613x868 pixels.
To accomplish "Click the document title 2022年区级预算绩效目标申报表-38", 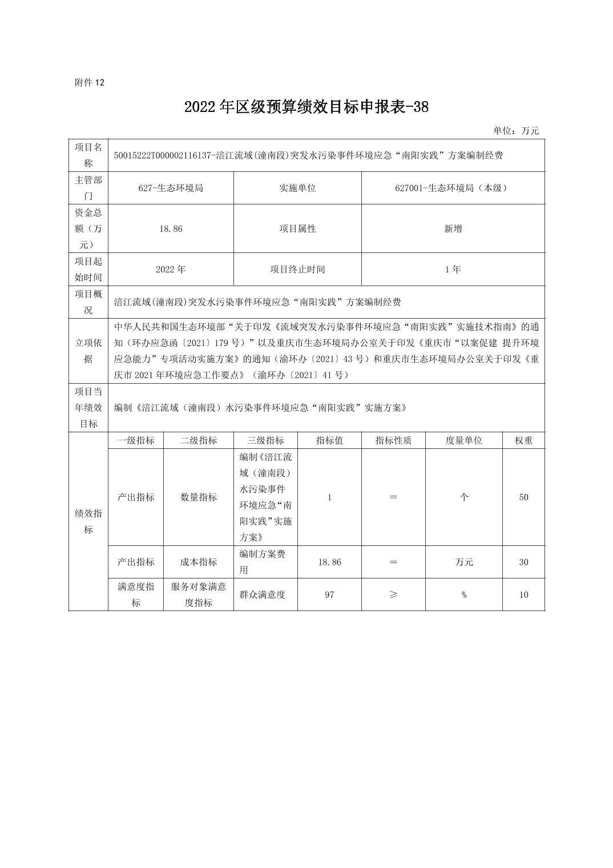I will (306, 107).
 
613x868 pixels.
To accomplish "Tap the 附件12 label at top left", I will (90, 82).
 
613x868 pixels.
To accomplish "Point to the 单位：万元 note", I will (516, 131).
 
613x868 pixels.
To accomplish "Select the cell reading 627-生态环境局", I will (171, 188).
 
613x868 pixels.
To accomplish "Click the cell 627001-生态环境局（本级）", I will (453, 188).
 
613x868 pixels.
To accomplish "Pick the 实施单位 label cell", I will (297, 188).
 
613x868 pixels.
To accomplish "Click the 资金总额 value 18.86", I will (171, 228).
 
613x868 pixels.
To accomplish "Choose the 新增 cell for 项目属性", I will (453, 228).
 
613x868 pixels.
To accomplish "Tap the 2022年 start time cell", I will (171, 269).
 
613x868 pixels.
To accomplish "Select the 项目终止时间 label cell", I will (297, 269).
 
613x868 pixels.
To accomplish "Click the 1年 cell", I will (453, 269).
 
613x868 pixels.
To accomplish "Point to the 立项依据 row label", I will (88, 351).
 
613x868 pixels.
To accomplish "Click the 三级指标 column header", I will (265, 440).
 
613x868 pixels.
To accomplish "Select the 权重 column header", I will (523, 440).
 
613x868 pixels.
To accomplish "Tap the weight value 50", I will (523, 497).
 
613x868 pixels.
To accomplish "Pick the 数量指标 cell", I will (199, 497).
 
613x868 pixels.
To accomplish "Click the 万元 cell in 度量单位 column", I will (464, 562).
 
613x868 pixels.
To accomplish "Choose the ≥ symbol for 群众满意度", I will (393, 594).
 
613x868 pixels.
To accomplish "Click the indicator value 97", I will (329, 594).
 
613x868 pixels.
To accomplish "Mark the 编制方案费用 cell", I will (265, 562).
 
